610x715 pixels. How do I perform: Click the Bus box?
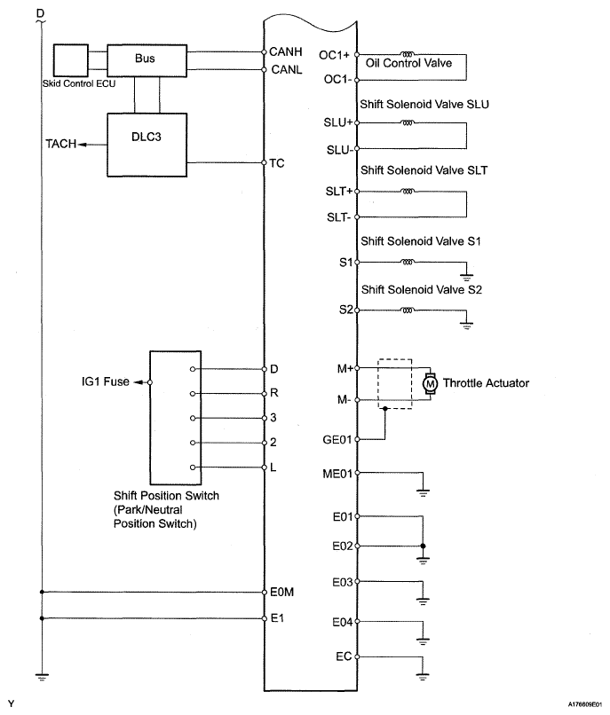tap(147, 60)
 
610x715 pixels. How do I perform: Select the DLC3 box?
tap(147, 145)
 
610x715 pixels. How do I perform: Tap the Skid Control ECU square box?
tap(71, 60)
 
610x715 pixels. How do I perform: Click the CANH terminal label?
tap(285, 51)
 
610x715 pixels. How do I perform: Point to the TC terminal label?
tap(277, 163)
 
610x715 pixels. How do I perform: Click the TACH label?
tap(60, 144)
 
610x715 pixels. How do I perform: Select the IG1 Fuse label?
tap(106, 381)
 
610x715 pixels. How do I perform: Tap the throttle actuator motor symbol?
tap(430, 384)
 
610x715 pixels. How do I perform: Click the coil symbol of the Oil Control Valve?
tap(407, 54)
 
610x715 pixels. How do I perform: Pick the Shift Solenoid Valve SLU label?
tap(424, 105)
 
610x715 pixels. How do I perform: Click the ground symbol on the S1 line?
tap(467, 277)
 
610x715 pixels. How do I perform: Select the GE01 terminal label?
tap(337, 440)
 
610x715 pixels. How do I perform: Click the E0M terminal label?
tap(281, 593)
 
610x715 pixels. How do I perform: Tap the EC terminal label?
tap(344, 656)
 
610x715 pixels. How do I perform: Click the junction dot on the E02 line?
tap(423, 546)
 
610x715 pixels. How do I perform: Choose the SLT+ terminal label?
tap(339, 192)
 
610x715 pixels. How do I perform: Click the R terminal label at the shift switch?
tap(274, 393)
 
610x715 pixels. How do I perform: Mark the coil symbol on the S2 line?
tap(408, 310)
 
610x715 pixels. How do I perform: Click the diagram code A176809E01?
tap(585, 704)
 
